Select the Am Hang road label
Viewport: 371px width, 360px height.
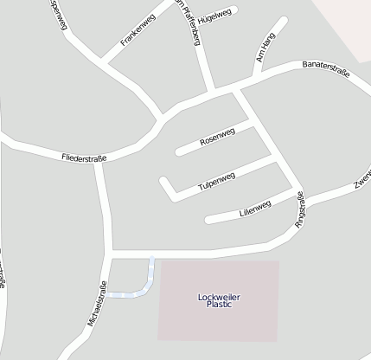tap(265, 50)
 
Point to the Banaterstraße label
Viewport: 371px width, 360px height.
tap(325, 69)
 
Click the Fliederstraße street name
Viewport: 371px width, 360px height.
tap(84, 158)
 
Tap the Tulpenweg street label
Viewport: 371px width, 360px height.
tap(216, 182)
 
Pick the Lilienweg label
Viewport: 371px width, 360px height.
tap(254, 209)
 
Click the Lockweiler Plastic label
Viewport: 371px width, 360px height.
tap(219, 301)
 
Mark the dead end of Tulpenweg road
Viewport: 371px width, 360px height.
tap(163, 181)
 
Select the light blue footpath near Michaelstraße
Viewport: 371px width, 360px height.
tap(138, 292)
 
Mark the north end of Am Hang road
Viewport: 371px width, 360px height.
tap(284, 19)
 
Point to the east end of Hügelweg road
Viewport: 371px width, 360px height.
tap(234, 10)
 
